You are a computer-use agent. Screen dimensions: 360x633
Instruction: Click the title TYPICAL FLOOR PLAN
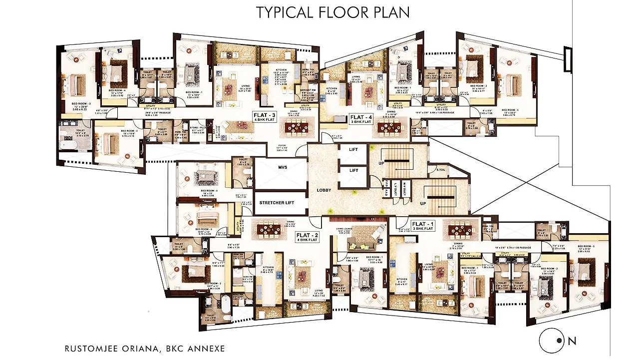click(x=333, y=12)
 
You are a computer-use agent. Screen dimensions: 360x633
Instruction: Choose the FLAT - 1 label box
click(x=422, y=226)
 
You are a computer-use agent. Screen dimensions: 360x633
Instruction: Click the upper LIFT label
click(x=353, y=150)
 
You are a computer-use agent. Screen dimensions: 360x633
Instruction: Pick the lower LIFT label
click(x=353, y=171)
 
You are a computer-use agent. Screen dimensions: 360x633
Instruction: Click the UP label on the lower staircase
click(x=423, y=204)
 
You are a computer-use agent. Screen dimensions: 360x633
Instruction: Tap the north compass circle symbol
click(x=552, y=342)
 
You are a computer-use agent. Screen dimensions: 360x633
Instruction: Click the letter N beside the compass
click(x=572, y=342)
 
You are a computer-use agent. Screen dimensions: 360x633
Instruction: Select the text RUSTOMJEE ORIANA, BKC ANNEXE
click(x=145, y=349)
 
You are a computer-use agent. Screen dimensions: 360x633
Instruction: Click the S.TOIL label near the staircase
click(x=440, y=170)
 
